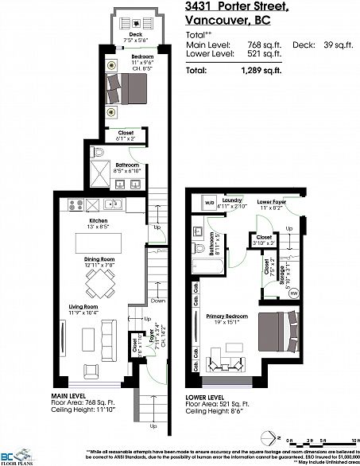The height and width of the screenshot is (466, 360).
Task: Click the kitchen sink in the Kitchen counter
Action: coord(114,204)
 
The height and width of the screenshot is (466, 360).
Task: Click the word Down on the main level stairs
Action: coord(159,301)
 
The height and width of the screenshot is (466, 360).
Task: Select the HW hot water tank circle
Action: coord(295,293)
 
